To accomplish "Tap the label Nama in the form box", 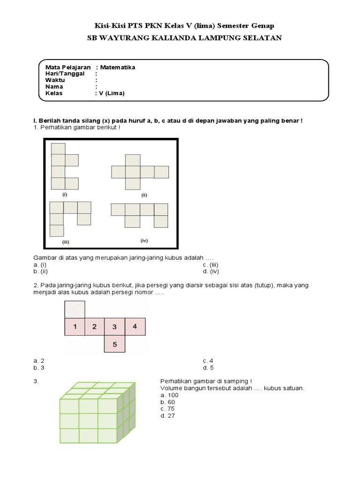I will click(x=54, y=87).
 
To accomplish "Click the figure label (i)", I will click(x=65, y=194).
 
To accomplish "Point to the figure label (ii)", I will click(x=144, y=195).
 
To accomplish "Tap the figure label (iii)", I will click(x=66, y=242).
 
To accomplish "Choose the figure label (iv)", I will click(x=144, y=240).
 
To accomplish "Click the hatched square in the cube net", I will click(x=74, y=309).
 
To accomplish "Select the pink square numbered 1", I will click(x=74, y=327).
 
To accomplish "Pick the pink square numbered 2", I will click(x=94, y=327).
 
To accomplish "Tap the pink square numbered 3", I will click(x=114, y=327).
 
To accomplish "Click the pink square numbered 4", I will click(x=135, y=327).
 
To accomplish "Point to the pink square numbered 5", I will click(x=114, y=346).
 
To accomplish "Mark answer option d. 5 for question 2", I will click(x=209, y=367).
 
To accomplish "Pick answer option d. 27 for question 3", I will click(x=167, y=416).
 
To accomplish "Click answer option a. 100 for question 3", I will click(x=169, y=395).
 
